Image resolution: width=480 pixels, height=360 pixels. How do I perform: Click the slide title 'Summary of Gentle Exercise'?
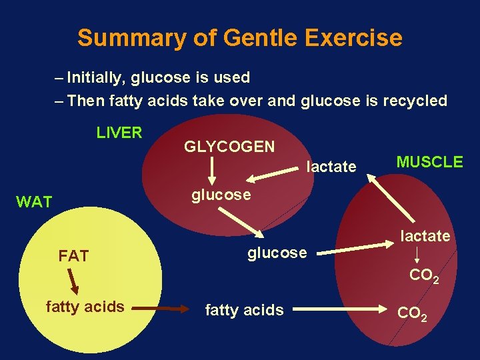(239, 38)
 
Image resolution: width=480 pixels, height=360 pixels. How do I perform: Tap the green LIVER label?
(119, 132)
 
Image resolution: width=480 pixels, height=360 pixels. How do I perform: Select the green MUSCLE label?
(429, 161)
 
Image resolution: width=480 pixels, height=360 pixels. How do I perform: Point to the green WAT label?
(34, 202)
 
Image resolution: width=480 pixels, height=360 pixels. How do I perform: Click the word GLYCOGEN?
(229, 147)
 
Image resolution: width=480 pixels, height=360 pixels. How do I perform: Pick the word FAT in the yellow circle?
(73, 256)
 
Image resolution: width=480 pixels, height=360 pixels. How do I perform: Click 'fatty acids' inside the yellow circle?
(85, 307)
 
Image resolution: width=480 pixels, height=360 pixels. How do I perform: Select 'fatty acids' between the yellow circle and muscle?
(244, 309)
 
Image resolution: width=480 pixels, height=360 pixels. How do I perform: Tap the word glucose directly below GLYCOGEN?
(221, 195)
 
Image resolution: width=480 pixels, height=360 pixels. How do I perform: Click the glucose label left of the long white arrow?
(277, 253)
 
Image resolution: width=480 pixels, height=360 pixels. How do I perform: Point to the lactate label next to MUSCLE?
(331, 167)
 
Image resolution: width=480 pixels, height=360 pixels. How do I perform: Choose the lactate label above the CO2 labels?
(425, 235)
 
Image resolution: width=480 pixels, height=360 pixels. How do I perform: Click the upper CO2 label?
(424, 275)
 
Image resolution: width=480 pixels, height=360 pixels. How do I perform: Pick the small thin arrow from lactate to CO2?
(419, 255)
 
